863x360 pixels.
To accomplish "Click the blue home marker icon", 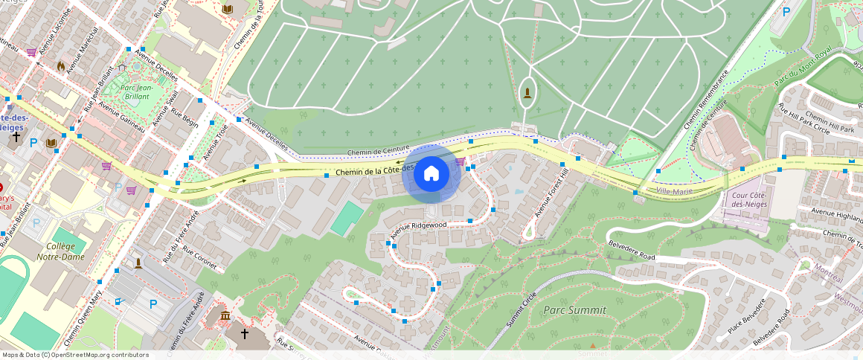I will tap(431, 173).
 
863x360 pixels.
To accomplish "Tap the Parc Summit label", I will tap(574, 309).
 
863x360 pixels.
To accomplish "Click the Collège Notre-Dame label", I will tap(60, 251).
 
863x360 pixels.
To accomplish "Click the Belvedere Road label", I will tap(632, 250).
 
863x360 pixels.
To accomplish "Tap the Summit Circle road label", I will tap(520, 307).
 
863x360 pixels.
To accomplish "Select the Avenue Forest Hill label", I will tap(551, 193).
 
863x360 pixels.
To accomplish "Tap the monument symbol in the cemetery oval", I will tap(527, 92).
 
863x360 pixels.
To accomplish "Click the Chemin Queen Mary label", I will tap(83, 315).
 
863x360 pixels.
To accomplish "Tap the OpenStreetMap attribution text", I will tap(76, 355).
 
